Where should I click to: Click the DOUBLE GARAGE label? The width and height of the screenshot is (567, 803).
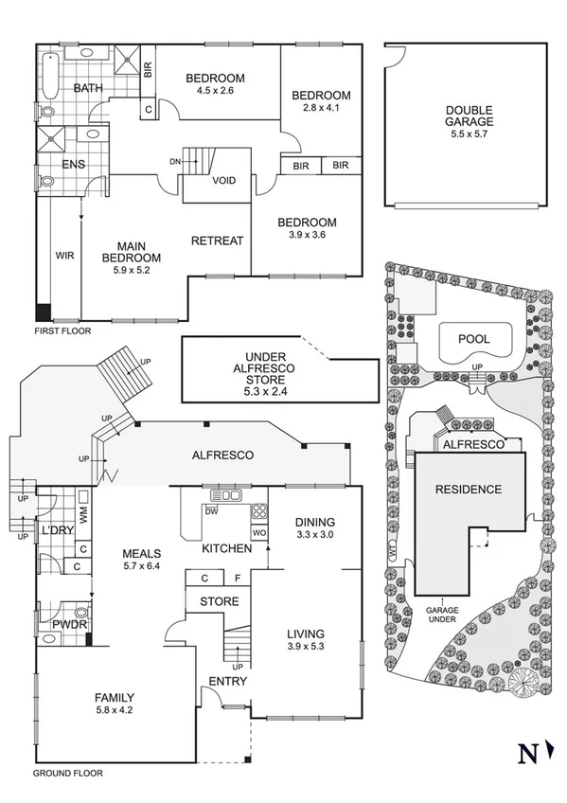point(470,116)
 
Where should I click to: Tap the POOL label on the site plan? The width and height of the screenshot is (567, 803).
point(474,338)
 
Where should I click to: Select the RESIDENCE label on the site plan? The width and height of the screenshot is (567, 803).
point(468,490)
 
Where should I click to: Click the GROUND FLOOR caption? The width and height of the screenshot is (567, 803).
point(67,773)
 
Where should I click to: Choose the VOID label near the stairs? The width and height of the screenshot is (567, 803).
point(224,181)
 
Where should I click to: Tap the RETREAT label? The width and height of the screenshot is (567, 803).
point(217,241)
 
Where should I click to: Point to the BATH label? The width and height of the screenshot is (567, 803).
point(88,89)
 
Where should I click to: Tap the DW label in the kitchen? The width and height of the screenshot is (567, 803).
point(213,511)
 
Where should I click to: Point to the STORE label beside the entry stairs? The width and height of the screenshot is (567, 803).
point(219,601)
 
